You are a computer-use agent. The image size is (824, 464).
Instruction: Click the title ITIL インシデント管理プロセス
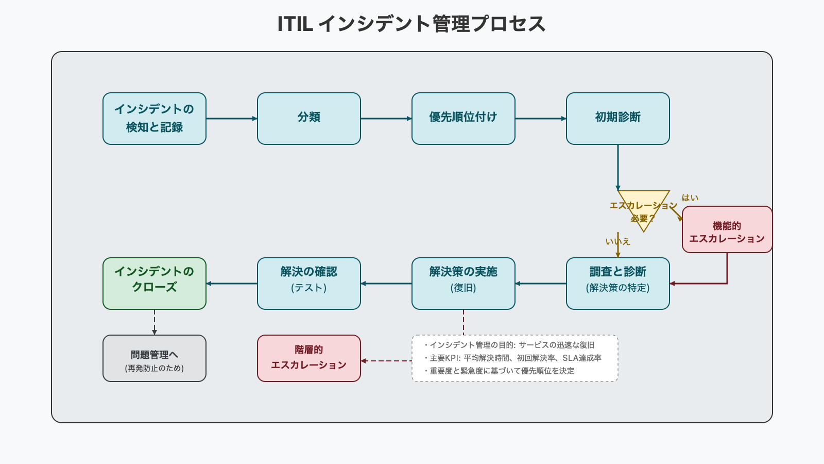pos(411,24)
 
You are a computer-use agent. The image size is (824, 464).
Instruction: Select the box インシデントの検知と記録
pos(154,119)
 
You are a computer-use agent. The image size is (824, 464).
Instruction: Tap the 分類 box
pos(309,119)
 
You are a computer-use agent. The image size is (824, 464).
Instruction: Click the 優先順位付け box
pos(463,119)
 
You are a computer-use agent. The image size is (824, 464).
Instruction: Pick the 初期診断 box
pos(618,119)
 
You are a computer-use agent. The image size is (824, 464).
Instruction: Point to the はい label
pos(690,197)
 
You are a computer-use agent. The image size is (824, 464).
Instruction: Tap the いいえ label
pos(617,241)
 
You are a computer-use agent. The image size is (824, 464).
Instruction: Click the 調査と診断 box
pos(618,284)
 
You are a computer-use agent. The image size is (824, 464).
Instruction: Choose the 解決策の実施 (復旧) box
pos(463,284)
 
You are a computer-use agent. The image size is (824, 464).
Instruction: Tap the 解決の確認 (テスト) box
pos(309,284)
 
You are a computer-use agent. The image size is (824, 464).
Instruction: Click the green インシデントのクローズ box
pos(154,284)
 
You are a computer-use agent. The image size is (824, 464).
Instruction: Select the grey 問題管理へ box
pos(154,358)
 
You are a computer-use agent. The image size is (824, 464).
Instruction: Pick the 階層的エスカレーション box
pos(309,358)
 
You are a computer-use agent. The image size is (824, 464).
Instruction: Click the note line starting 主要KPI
pos(515,358)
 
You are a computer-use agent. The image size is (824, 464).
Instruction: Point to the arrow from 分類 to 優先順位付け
pos(386,119)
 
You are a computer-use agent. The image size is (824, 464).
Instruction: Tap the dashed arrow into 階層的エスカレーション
pos(386,361)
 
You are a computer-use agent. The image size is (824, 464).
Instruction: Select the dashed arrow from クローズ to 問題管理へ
pos(154,322)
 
